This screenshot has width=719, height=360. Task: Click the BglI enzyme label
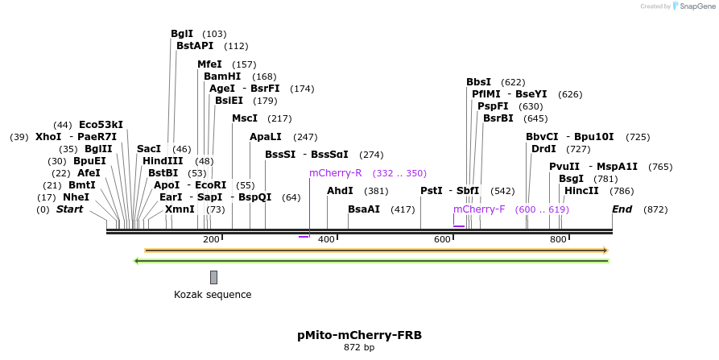tap(182, 34)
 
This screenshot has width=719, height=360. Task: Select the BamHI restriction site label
tap(222, 77)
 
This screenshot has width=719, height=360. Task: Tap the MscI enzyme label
tap(245, 118)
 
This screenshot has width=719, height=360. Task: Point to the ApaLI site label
tap(266, 137)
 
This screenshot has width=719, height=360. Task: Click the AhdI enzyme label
tap(340, 191)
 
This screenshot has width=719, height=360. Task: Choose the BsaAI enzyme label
tap(364, 209)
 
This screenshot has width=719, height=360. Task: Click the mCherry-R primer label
tap(336, 173)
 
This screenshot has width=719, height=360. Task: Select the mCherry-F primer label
tap(479, 209)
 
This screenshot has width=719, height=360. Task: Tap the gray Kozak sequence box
tap(213, 277)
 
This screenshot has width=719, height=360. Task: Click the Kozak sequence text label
tap(213, 295)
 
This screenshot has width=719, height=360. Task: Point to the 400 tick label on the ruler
tap(327, 240)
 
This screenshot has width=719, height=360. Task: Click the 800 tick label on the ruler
tap(558, 240)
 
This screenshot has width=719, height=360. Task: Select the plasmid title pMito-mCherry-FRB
tap(359, 335)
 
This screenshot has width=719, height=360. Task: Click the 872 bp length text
tap(359, 348)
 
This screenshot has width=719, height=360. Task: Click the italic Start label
tap(69, 209)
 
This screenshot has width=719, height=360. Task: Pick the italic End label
tap(622, 209)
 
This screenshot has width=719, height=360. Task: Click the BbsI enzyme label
tap(478, 82)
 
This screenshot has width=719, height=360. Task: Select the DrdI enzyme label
tap(543, 149)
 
